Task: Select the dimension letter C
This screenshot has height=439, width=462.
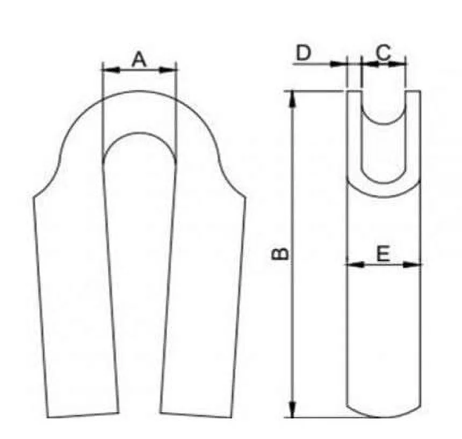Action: click(x=382, y=53)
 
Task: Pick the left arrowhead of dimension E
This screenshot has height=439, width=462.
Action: click(x=351, y=264)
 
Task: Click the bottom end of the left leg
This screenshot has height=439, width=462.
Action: click(x=83, y=415)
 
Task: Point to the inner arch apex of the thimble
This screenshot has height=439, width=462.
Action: click(x=140, y=133)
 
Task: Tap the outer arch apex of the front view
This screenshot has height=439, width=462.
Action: click(x=140, y=91)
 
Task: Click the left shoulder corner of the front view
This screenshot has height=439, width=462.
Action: click(x=34, y=196)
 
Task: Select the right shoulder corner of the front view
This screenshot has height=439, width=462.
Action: click(x=246, y=196)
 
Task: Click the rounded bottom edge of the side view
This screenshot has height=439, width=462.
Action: click(x=382, y=415)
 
